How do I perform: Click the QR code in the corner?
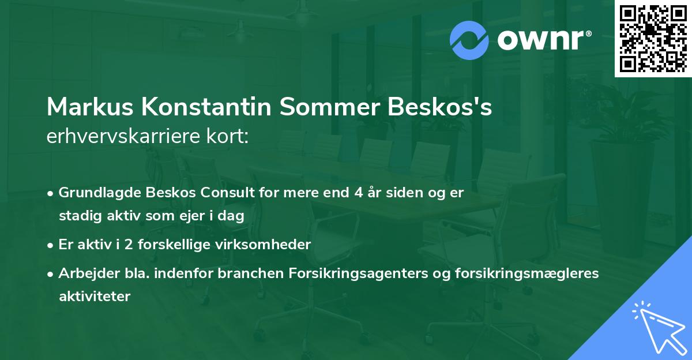[653, 38]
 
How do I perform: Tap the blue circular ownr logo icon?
[469, 40]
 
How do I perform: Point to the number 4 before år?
[358, 193]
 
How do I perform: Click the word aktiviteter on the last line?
[95, 297]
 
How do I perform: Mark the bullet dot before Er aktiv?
[51, 245]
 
